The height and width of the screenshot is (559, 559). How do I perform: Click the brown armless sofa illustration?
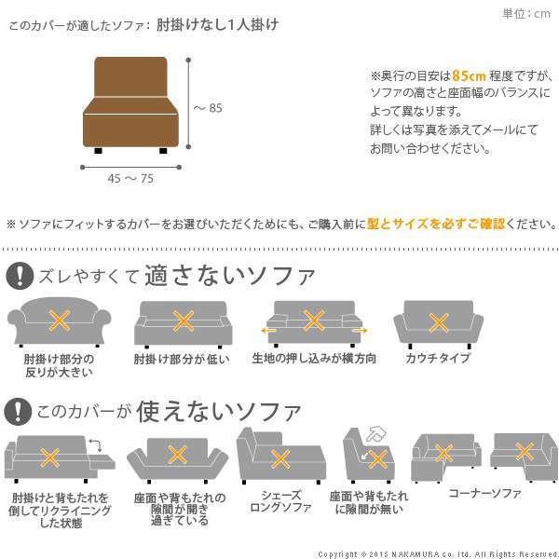(x=130, y=104)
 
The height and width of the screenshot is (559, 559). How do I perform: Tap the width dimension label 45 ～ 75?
(x=130, y=178)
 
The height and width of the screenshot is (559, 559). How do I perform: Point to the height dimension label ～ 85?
(x=208, y=108)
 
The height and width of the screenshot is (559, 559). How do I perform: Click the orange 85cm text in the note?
(x=469, y=75)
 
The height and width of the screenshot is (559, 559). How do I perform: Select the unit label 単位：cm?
(x=526, y=14)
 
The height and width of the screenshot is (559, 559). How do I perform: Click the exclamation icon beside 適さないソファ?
(x=20, y=276)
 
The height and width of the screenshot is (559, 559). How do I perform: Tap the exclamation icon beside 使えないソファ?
(x=18, y=412)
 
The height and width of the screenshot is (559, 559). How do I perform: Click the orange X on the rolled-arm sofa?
(x=60, y=320)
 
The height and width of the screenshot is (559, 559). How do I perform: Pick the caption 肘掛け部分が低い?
(x=182, y=359)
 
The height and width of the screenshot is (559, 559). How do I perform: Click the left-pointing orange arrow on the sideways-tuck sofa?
(x=268, y=331)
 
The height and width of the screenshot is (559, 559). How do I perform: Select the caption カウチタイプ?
(x=438, y=358)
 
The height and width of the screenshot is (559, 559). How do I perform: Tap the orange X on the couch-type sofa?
(x=438, y=323)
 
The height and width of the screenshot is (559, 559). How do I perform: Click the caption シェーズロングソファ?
(x=281, y=501)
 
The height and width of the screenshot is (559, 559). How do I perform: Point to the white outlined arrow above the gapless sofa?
(x=376, y=434)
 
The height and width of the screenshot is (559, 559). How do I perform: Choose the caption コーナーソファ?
(x=484, y=493)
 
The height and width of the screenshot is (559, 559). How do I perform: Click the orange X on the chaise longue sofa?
(x=280, y=458)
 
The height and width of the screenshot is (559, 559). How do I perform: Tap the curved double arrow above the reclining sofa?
(x=96, y=445)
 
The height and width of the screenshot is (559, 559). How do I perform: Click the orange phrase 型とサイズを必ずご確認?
(x=436, y=224)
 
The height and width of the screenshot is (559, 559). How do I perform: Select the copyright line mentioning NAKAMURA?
(x=438, y=554)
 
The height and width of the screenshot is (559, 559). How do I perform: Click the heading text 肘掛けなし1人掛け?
(x=217, y=24)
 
